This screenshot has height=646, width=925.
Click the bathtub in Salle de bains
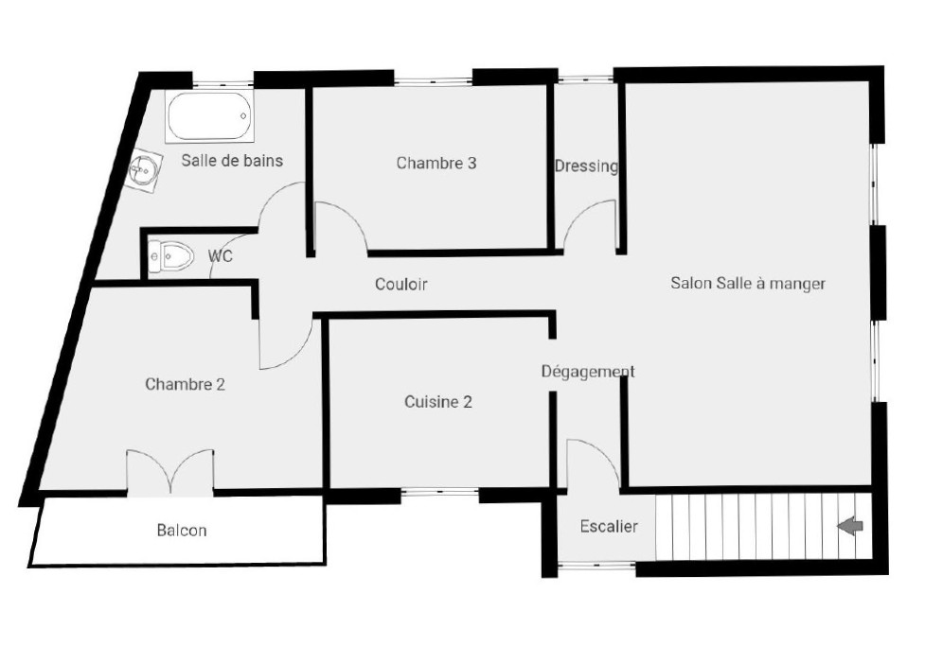coord(210,116)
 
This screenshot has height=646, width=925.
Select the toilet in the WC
coord(170,255)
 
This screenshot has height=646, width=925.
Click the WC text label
coord(221,256)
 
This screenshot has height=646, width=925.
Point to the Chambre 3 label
coord(436,163)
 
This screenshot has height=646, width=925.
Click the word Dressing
coord(586,166)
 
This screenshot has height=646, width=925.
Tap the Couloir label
coord(400,284)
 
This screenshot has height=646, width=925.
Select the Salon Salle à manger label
coord(748,283)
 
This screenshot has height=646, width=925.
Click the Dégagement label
coord(588,372)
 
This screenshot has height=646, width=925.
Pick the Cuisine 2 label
coord(438,402)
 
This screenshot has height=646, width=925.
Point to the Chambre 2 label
coord(185,384)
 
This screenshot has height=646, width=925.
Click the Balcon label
coord(182,531)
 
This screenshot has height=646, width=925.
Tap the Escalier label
coord(609,527)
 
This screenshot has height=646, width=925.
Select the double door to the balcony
coord(170,470)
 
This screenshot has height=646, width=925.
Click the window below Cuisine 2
coord(439,492)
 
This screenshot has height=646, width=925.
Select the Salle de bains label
coord(232,161)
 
